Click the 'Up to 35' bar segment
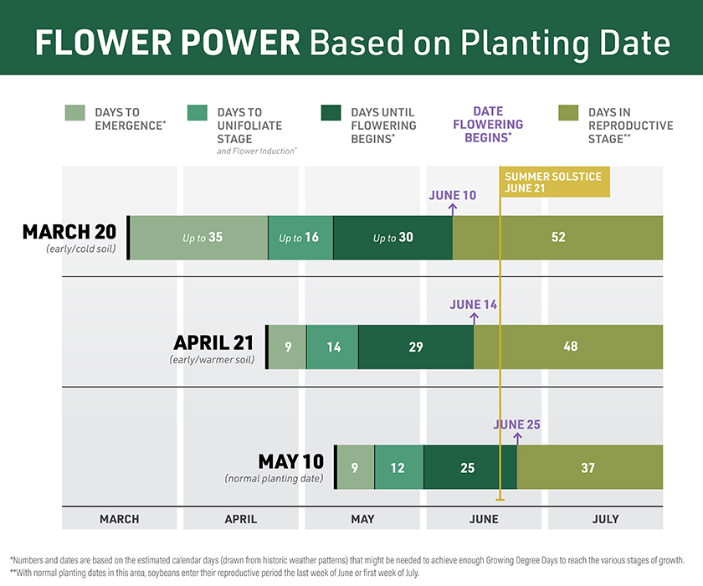click(x=199, y=238)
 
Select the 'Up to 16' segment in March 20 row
click(x=300, y=238)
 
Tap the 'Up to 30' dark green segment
click(x=393, y=238)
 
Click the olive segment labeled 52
click(x=558, y=238)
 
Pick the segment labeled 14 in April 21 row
click(x=332, y=347)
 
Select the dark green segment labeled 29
click(x=416, y=347)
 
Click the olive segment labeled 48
click(x=569, y=347)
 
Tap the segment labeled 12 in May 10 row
click(x=398, y=468)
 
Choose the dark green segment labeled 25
click(x=469, y=468)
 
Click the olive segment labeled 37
click(x=589, y=468)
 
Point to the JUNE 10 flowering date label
click(x=453, y=195)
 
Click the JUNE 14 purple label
click(x=474, y=304)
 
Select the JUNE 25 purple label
click(x=516, y=424)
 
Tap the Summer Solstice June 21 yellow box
click(x=555, y=182)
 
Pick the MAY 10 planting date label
click(x=290, y=461)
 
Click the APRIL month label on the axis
click(x=241, y=519)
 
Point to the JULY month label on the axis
click(x=605, y=519)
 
